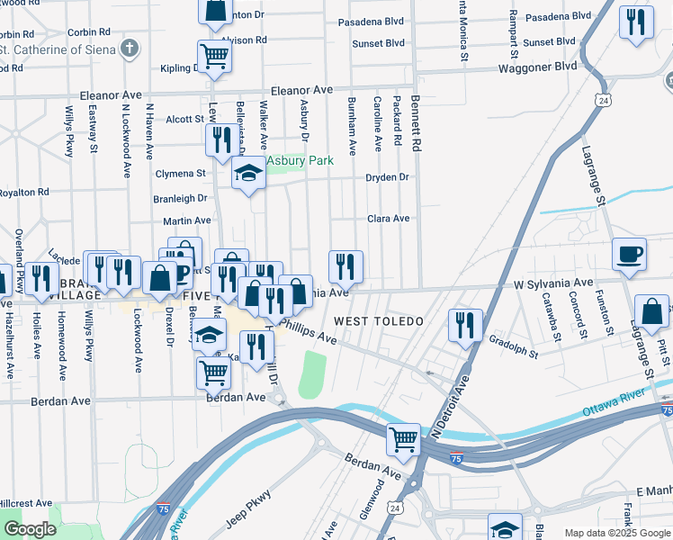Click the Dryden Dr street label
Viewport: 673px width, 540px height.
click(387, 177)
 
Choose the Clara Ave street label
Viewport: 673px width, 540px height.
click(388, 218)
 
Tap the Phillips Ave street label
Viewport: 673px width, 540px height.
click(308, 330)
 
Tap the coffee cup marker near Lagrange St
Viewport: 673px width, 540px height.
click(630, 253)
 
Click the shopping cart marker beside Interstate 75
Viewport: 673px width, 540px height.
click(404, 439)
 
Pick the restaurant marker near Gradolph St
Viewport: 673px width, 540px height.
click(465, 324)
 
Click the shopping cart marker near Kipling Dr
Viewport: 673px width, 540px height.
click(214, 56)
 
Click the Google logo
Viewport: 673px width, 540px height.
click(30, 529)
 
